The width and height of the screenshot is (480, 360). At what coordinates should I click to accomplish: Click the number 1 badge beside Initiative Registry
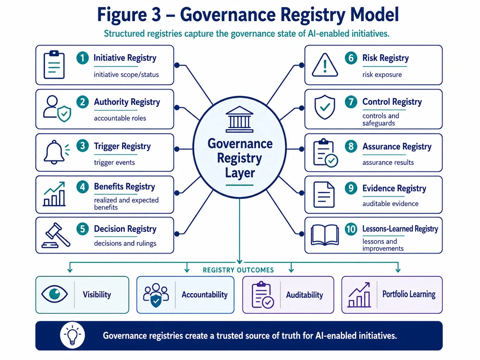pos(83,58)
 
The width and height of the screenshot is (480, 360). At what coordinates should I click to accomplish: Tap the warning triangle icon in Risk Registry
pos(325,65)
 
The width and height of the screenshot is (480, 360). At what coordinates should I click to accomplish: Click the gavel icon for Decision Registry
pos(56,235)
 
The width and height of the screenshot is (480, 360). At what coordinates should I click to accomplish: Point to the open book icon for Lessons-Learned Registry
pos(325,235)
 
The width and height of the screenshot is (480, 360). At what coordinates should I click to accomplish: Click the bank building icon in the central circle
pos(239,119)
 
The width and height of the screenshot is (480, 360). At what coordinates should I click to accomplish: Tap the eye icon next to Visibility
pos(54,294)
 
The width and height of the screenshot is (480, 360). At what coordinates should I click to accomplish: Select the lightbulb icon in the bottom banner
pos(72,335)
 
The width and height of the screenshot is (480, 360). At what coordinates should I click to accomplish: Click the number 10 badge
pos(351,229)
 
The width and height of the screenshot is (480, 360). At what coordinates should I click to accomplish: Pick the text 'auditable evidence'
pos(390,204)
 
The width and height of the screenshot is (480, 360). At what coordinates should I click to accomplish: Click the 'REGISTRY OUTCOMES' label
pos(238,270)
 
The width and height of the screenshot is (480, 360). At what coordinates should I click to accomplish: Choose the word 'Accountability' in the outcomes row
pos(205,295)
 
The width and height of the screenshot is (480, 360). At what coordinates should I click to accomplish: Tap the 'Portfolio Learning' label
pos(409,294)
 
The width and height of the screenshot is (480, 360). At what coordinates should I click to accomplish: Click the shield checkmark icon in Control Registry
pos(325,107)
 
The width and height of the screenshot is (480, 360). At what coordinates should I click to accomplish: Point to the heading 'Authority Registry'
pos(127,102)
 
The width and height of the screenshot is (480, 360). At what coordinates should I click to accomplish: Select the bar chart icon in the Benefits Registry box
pos(54,194)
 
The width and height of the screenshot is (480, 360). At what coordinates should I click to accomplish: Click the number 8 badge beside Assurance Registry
pos(351,146)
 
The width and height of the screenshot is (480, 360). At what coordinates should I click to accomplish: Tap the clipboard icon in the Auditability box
pos(263,295)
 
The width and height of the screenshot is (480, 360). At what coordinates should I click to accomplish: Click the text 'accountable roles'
pos(120,118)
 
